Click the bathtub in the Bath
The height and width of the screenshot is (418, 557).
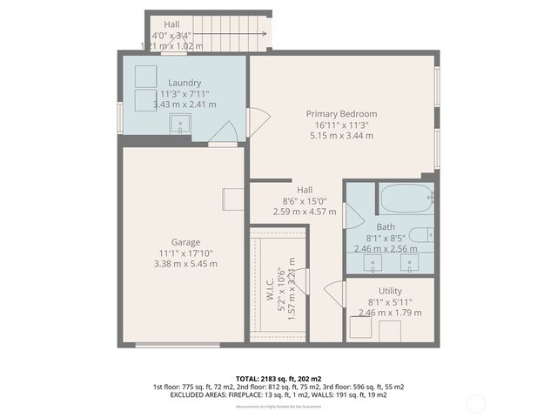point(406,198)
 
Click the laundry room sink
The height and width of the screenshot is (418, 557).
point(181,124)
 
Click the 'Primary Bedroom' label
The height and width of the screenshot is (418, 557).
point(341,114)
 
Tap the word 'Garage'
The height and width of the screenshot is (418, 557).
point(185,242)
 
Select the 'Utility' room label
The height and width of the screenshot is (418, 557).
point(390,291)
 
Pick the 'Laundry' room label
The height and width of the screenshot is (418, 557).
point(185,83)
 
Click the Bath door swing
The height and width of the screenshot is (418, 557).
point(353,215)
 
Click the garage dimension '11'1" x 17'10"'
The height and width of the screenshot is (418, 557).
point(185,253)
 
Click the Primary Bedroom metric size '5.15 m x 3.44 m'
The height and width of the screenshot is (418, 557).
point(341,136)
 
